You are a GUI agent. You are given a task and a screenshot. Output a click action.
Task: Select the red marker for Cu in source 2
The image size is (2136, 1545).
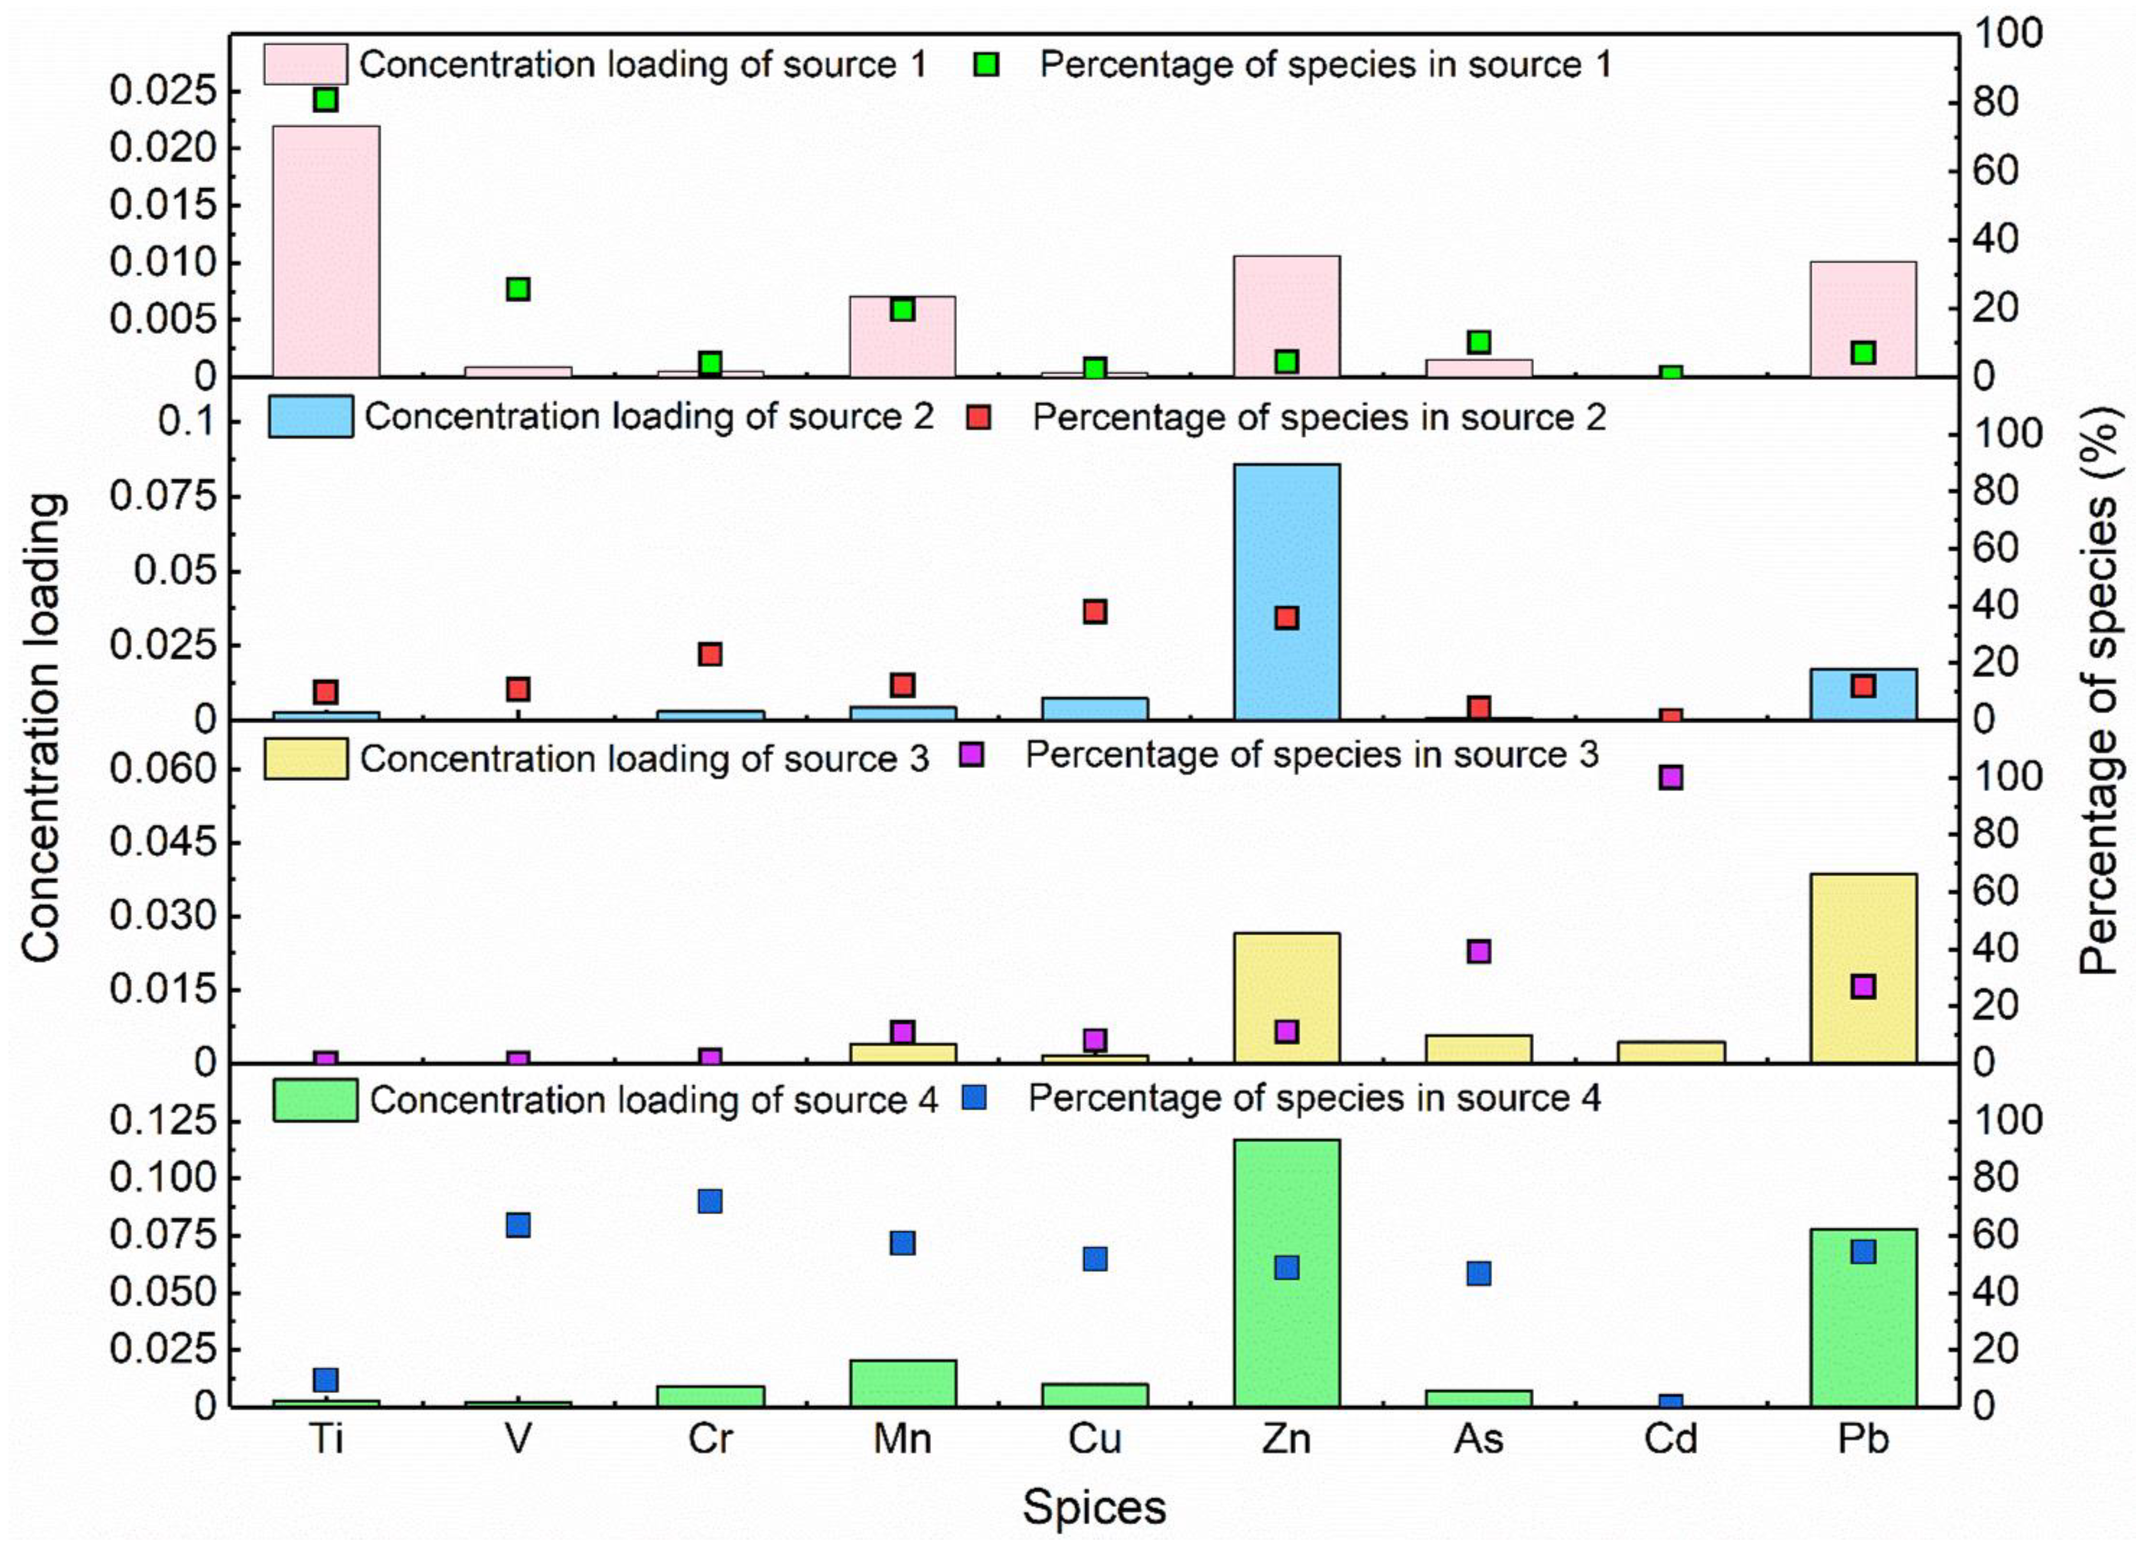click(1094, 612)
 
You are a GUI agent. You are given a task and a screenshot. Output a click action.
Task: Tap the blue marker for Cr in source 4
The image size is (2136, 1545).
click(710, 1201)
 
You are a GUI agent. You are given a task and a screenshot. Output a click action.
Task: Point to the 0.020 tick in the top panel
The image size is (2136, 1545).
click(162, 149)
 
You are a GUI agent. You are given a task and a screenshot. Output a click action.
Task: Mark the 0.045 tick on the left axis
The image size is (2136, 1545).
click(162, 842)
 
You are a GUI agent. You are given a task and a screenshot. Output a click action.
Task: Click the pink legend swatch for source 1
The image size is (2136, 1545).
click(305, 64)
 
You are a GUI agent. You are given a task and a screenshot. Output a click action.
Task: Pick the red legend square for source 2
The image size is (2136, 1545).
click(980, 417)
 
